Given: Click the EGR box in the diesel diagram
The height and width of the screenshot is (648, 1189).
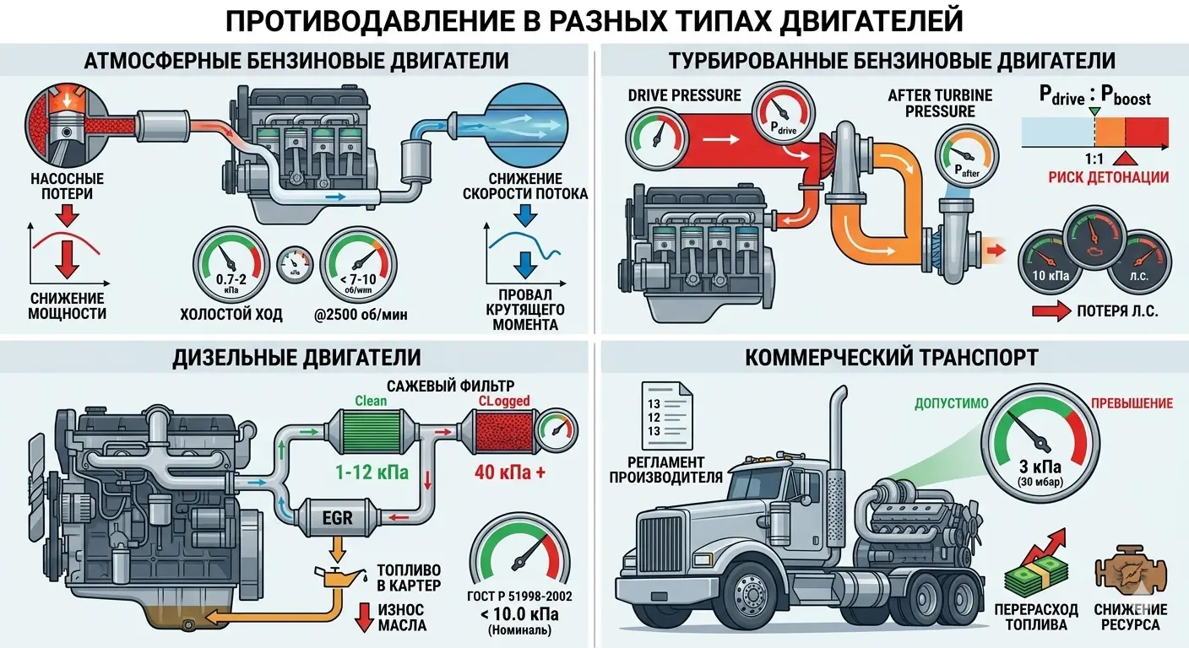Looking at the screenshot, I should tap(336, 516).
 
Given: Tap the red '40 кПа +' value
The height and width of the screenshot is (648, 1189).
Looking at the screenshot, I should tap(509, 472).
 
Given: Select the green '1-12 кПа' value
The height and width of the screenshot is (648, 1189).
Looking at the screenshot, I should tap(371, 472).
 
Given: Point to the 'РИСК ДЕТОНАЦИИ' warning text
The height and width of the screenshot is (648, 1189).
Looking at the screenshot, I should tap(1109, 177).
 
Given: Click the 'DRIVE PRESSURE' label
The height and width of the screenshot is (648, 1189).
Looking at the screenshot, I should tap(684, 95).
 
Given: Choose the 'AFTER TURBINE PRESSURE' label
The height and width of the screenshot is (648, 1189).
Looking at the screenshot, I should tap(940, 103).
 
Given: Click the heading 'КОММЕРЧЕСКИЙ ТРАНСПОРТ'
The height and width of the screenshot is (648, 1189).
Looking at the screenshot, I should tap(891, 358).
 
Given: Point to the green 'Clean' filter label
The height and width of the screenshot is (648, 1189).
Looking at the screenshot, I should tap(371, 400).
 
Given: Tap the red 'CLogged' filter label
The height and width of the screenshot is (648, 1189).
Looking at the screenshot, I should tap(504, 400).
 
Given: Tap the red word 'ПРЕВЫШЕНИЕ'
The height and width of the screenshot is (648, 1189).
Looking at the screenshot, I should tap(1132, 403).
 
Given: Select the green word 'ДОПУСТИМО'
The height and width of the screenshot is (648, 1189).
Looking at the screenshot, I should tap(951, 403).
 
